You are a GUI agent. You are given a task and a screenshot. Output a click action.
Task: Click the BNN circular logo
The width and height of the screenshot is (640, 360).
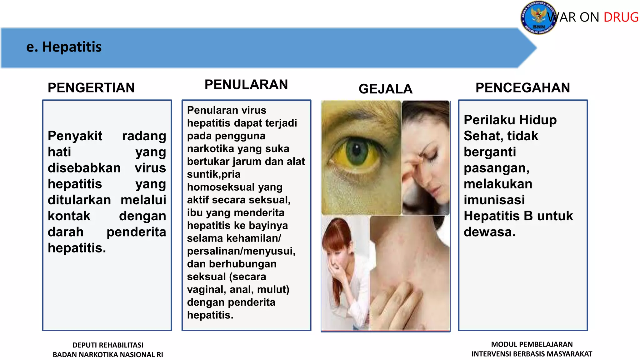[538, 18]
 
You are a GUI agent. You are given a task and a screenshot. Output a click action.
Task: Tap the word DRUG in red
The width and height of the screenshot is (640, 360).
[621, 17]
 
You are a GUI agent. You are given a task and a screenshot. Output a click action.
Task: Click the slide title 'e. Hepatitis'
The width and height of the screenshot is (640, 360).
[64, 47]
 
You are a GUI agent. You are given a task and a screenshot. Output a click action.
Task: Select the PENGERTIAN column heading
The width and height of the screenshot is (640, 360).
[91, 88]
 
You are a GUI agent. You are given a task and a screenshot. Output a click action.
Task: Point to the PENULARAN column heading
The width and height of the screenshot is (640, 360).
[246, 85]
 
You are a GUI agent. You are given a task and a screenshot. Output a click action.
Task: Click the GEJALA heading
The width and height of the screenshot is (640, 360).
[385, 89]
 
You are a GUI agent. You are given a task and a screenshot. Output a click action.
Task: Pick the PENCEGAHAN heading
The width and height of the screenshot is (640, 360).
[522, 88]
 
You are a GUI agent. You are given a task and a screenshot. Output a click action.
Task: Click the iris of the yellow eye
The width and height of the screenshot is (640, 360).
[356, 152]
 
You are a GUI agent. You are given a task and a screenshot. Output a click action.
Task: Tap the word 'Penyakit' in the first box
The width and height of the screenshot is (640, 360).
[75, 136]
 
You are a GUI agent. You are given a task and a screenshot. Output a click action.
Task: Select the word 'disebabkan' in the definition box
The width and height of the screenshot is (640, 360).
[84, 168]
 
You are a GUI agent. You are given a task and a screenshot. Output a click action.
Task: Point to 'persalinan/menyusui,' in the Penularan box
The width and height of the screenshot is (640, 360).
[241, 251]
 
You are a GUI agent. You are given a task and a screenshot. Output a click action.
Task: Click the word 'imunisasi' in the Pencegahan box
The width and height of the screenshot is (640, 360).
[494, 200]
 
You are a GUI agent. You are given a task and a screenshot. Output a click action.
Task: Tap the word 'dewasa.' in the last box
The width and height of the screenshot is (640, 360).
[489, 232]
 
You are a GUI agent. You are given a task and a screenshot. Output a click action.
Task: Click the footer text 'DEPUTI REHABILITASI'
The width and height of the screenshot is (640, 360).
[108, 345]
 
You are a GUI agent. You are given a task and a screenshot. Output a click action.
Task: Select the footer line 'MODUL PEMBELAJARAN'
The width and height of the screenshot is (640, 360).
[532, 344]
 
